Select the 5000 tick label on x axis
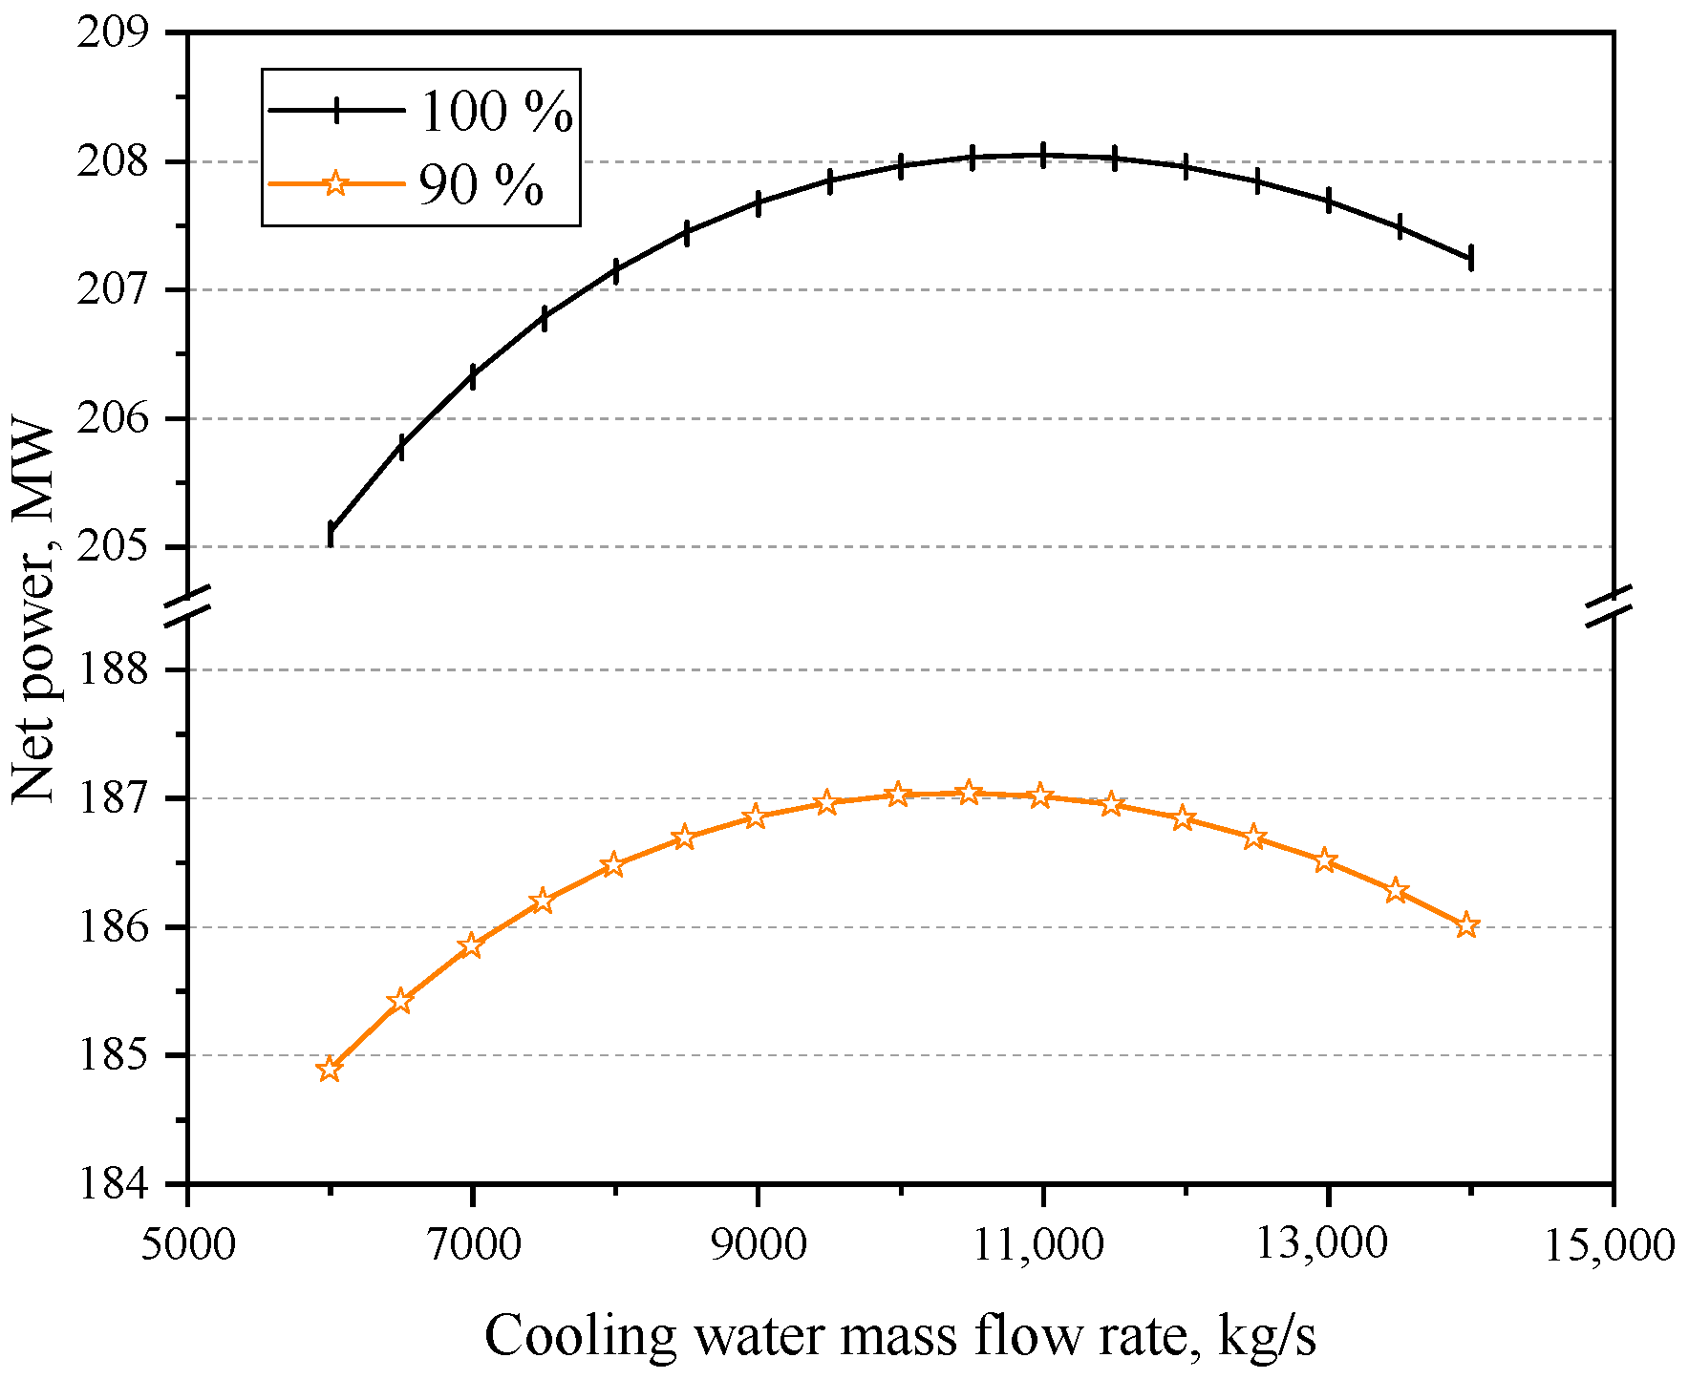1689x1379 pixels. [187, 1244]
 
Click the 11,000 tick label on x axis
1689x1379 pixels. [1042, 1244]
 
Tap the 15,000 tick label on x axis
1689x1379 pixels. [1612, 1244]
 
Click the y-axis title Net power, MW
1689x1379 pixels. [34, 611]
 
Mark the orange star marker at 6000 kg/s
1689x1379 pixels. [330, 1070]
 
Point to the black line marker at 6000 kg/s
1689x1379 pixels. [331, 533]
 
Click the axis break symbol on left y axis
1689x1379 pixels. [187, 608]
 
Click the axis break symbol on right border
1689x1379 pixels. [1613, 608]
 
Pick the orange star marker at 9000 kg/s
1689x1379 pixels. [756, 817]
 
